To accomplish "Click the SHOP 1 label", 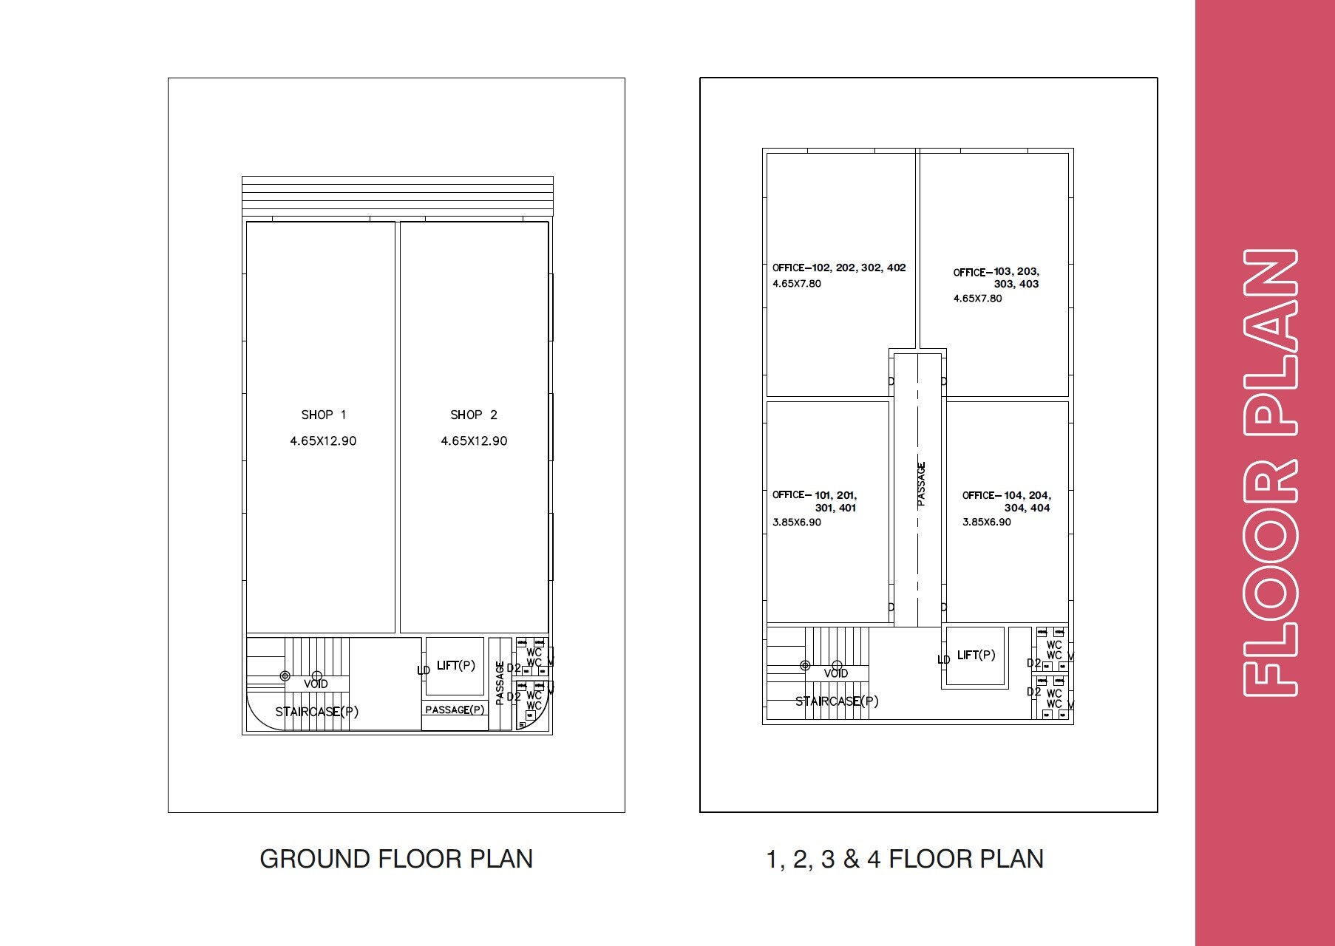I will (323, 415).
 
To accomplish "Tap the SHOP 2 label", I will (474, 415).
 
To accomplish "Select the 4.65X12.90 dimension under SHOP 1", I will (323, 441).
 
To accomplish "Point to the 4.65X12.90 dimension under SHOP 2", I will (474, 441).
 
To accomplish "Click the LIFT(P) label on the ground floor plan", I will (455, 666).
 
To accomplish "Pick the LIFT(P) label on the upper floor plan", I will (976, 656).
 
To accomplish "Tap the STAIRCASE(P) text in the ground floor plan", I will (316, 712).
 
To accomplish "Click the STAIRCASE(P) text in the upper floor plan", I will (837, 701).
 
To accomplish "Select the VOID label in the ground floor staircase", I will (316, 684).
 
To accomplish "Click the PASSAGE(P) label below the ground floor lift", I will (455, 710).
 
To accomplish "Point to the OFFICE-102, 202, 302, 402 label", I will (839, 268).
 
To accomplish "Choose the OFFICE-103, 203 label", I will (996, 273).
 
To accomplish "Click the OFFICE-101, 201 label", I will (814, 495).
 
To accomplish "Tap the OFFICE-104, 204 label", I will (1006, 496).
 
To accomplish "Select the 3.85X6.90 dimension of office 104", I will (986, 523).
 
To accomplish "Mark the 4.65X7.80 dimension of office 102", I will (796, 284).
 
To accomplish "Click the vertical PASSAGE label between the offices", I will (921, 484).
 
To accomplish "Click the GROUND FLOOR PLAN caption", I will (396, 859).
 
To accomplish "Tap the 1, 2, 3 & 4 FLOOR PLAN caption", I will (905, 859).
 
